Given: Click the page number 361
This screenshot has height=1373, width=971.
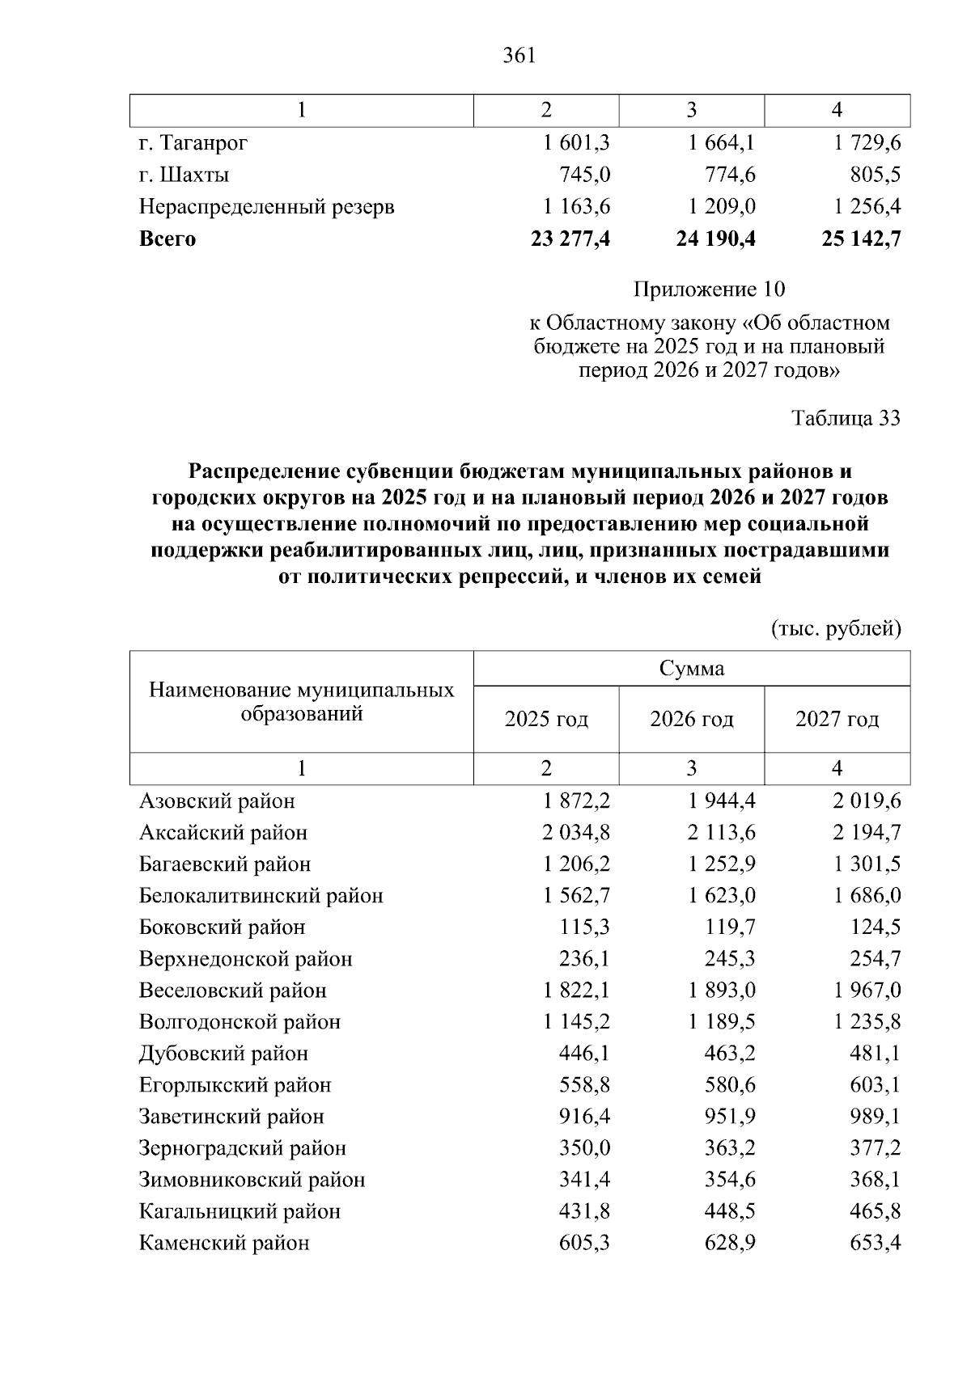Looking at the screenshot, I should [x=519, y=56].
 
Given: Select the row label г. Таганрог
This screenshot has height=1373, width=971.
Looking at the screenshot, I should [x=193, y=143].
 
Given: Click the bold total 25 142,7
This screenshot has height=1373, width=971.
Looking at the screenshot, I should [x=861, y=239].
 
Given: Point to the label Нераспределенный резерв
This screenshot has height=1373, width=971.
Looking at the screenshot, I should [x=267, y=207].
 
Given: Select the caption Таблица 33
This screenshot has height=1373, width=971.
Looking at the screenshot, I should [x=846, y=418].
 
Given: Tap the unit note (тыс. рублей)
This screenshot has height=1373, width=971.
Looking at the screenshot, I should [x=836, y=628].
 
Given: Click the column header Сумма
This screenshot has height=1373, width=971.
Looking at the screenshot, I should [x=692, y=669].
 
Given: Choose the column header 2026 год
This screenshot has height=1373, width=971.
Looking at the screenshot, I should [x=692, y=719].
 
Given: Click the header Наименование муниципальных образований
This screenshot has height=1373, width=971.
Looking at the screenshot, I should [x=302, y=702].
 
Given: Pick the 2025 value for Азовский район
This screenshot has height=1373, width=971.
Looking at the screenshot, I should [x=577, y=801].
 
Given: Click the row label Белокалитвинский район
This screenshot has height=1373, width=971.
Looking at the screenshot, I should [x=261, y=896].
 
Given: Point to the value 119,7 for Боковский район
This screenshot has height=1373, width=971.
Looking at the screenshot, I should [x=731, y=927].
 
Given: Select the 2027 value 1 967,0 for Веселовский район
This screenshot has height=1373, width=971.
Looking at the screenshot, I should [x=867, y=991].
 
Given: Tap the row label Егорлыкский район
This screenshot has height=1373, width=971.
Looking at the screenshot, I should [x=235, y=1085].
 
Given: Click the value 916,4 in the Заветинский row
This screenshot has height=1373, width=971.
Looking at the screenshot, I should [x=584, y=1117].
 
